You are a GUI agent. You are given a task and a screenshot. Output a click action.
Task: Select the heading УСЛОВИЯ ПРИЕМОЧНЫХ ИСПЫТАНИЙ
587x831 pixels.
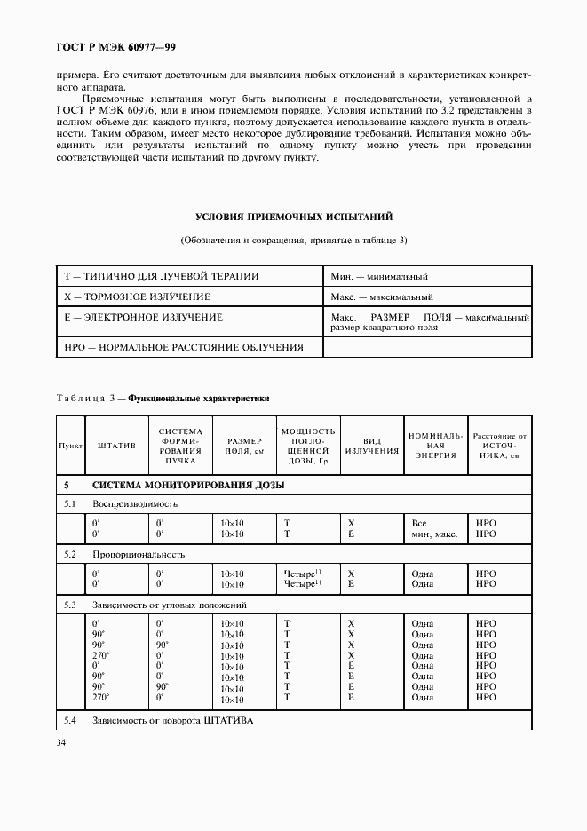click(294, 217)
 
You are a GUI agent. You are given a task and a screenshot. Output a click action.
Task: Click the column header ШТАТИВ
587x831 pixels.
click(116, 445)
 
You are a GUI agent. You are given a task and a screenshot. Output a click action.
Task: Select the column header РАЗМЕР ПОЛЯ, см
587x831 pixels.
click(244, 445)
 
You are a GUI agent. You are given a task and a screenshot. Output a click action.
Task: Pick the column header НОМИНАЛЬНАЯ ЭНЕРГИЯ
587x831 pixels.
click(435, 445)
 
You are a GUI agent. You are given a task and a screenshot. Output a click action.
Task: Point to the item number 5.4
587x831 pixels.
click(71, 720)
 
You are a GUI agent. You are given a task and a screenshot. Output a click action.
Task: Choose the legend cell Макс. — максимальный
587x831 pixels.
click(381, 297)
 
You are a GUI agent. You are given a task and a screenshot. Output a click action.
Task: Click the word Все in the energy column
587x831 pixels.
click(420, 524)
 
